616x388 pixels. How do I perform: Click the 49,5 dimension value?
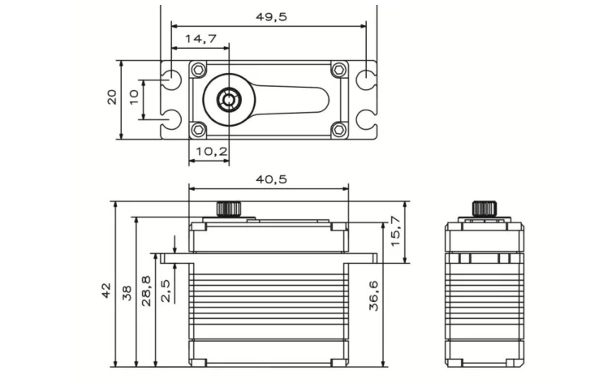pyautogui.click(x=271, y=17)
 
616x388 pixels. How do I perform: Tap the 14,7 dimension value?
pyautogui.click(x=200, y=38)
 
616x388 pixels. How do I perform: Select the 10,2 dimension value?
pyautogui.click(x=211, y=151)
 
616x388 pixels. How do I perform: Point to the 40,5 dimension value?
pyautogui.click(x=271, y=179)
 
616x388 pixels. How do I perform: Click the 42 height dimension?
pyautogui.click(x=106, y=291)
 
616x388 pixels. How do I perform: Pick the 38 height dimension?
pyautogui.click(x=127, y=293)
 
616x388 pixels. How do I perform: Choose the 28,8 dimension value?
pyautogui.click(x=146, y=291)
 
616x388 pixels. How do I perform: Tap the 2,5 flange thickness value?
pyautogui.click(x=166, y=291)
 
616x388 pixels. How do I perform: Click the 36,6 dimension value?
pyautogui.click(x=373, y=295)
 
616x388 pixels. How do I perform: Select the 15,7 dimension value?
pyautogui.click(x=395, y=231)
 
